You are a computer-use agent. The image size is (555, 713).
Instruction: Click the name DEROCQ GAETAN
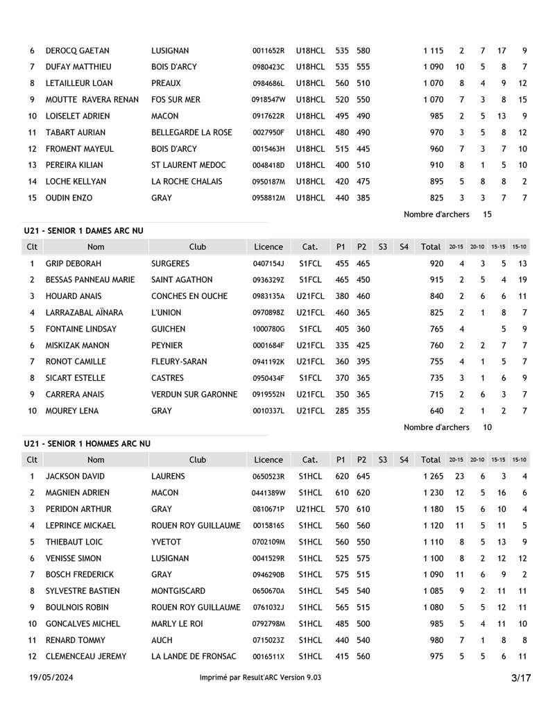pos(77,51)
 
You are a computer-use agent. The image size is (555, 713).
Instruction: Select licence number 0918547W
pos(268,100)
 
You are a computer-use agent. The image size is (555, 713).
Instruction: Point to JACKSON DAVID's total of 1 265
pos(433,476)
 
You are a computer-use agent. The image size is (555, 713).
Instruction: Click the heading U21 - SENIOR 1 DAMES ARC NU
pos(87,230)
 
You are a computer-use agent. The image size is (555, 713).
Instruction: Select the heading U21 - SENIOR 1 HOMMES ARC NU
pos(87,443)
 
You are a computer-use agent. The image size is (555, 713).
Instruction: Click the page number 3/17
pos(521,678)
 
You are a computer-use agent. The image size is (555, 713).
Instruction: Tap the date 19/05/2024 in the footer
pos(51,678)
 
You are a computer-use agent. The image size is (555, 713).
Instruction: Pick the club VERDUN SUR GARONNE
pos(194,395)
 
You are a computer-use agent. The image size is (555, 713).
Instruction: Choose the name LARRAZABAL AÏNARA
pos(84,313)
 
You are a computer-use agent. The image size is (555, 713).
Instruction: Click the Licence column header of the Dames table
pos(268,246)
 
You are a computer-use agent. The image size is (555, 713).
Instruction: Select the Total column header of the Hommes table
pos(431,459)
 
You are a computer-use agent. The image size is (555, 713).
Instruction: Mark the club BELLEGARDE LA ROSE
pos(191,132)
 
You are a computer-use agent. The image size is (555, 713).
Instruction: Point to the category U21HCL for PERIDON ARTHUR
pos(310,509)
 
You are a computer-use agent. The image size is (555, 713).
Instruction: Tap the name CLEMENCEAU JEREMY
pos(86,656)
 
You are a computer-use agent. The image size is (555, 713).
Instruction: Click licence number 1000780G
pos(268,329)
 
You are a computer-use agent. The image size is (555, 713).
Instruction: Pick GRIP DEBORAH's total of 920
pos(436,264)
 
